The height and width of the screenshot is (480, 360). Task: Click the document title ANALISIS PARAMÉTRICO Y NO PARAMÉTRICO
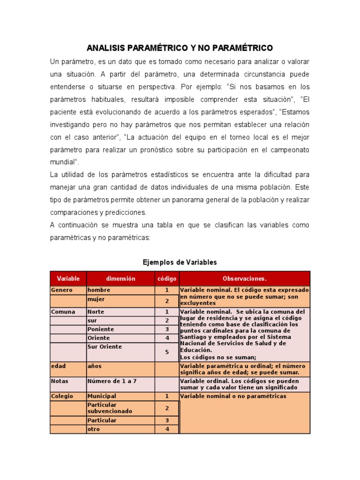[x=180, y=48]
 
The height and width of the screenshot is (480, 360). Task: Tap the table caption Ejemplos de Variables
[x=180, y=262]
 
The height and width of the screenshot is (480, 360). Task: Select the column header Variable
[x=68, y=278]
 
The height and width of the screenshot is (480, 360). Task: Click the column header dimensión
[x=120, y=278]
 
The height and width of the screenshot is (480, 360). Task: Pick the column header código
[x=167, y=278]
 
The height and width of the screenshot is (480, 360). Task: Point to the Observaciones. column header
[x=244, y=278]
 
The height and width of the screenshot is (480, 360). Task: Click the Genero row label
[x=62, y=290]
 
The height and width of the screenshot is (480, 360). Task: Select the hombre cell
[x=99, y=290]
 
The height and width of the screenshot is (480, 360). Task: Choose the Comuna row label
[x=63, y=312]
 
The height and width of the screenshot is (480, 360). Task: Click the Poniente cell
[x=101, y=329]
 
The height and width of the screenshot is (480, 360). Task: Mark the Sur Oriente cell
[x=105, y=347]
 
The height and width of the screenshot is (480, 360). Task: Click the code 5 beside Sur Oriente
[x=167, y=352]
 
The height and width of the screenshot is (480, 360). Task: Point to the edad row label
[x=59, y=366]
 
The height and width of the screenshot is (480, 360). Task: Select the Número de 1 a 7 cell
[x=112, y=381]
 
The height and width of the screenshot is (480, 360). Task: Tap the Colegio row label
[x=62, y=396]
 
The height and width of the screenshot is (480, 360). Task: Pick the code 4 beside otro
[x=167, y=429]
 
